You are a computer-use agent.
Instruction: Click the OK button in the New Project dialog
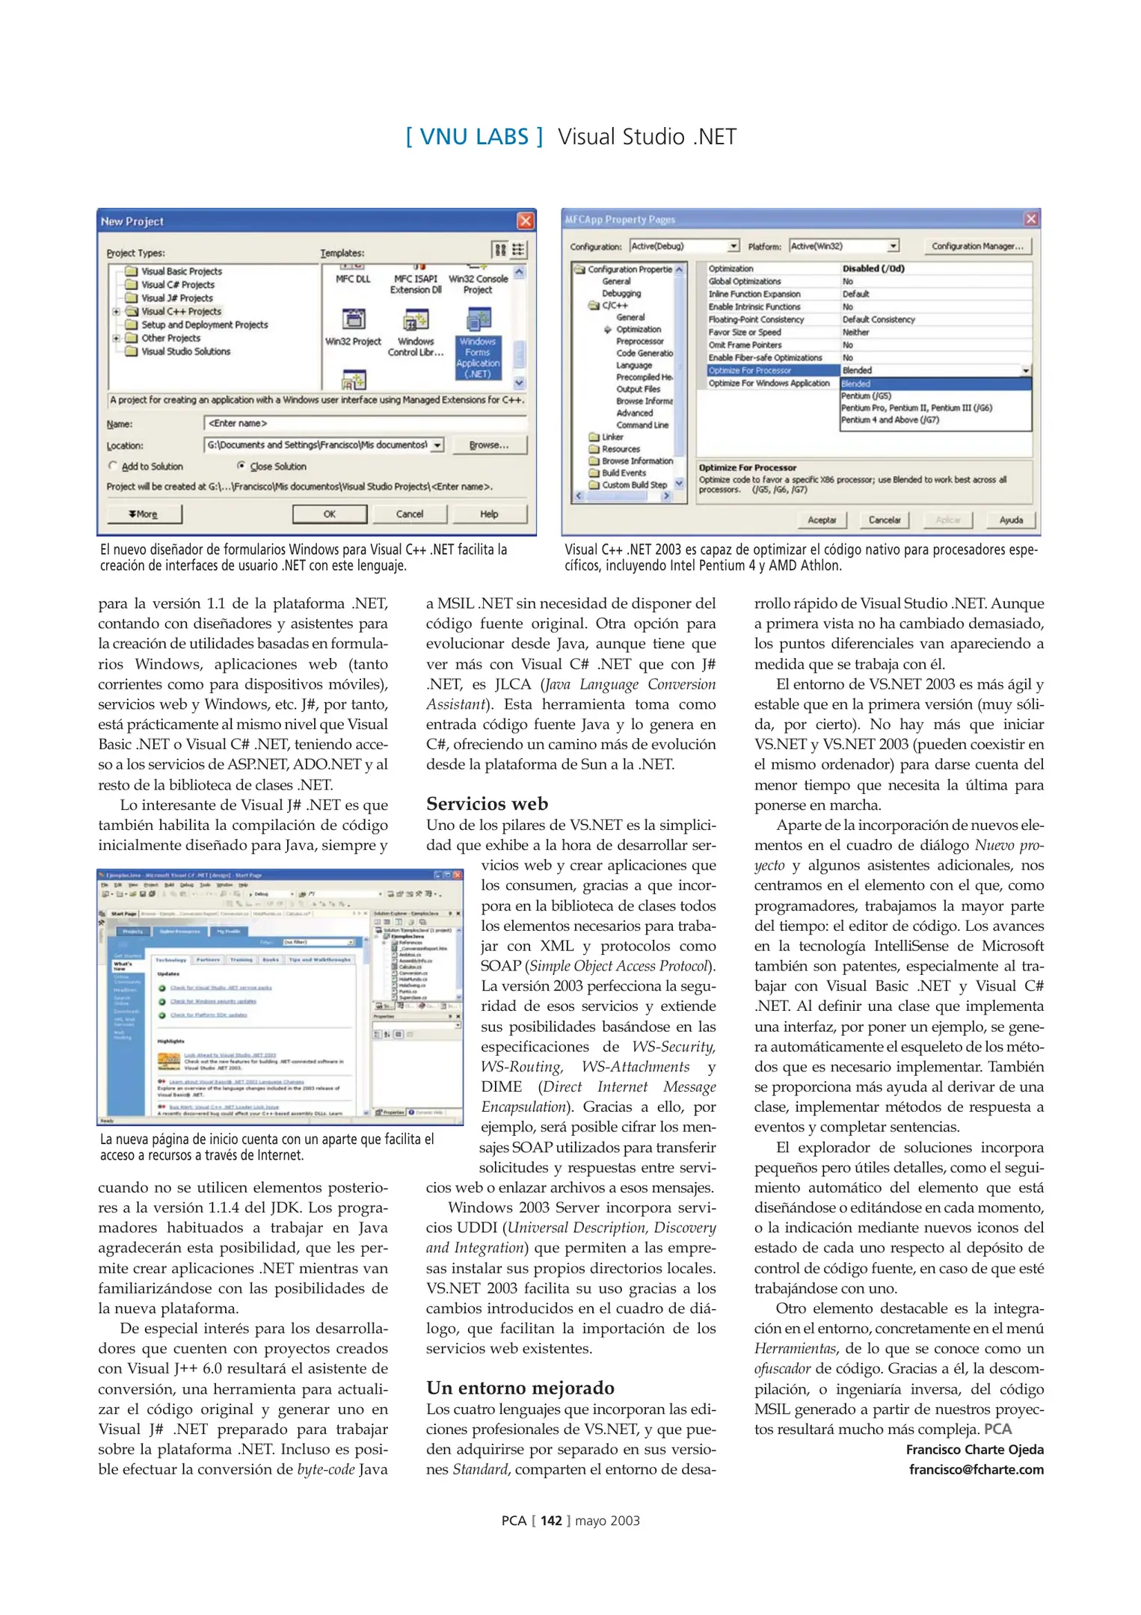coord(329,514)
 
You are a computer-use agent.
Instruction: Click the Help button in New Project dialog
coord(489,514)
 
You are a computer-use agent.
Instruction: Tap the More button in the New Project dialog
coord(144,514)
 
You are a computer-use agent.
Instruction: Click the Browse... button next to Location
coord(489,446)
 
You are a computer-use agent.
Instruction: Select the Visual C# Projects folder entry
coord(177,285)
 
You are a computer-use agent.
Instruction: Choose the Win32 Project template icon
coord(353,320)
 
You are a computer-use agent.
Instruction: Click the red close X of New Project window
coord(526,221)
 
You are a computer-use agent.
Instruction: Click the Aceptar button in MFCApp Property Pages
coord(822,520)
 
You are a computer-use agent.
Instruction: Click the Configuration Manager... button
coord(977,246)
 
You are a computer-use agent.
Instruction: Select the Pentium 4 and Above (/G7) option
coord(890,420)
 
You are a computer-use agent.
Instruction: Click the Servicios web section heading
coord(487,804)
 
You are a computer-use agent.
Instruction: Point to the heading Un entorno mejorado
coord(520,1388)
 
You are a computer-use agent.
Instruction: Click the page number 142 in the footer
coord(551,1521)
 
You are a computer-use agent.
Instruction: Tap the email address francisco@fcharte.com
coord(976,1470)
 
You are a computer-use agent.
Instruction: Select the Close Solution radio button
coord(242,466)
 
